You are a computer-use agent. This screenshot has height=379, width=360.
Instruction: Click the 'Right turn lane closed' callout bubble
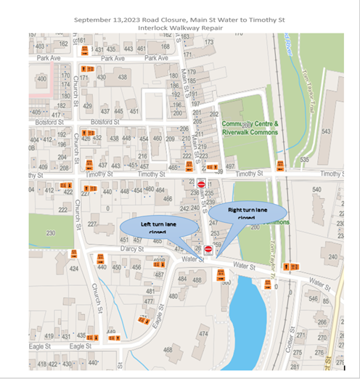tap(240, 212)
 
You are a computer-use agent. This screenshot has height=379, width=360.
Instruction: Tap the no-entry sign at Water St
tap(208, 249)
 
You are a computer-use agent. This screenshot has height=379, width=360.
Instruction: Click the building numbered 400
tap(41, 78)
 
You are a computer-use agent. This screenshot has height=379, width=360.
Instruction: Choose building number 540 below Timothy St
tap(316, 190)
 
